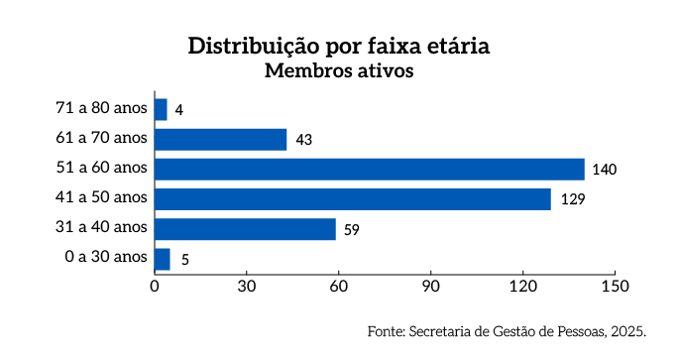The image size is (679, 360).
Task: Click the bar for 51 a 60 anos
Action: coord(369,169)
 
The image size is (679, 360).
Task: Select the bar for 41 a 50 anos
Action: coord(352,198)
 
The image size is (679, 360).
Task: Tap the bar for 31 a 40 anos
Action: coord(245,229)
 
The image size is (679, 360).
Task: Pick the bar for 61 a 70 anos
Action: coord(220,139)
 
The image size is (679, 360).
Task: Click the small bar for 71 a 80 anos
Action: coord(161,109)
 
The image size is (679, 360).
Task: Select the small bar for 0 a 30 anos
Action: coord(162,259)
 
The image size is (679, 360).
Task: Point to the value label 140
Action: coord(605,170)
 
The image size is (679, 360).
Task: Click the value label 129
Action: coord(571,199)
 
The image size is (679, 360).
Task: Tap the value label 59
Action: coord(351,230)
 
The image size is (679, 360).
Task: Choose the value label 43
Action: coord(303,140)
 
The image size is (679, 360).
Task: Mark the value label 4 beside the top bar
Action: coord(178,110)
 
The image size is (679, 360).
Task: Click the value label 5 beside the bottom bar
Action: coord(185,260)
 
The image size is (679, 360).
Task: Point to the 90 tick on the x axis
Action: coord(430,287)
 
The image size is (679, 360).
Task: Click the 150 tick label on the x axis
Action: coord(615,287)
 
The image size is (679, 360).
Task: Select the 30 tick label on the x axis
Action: coord(247,287)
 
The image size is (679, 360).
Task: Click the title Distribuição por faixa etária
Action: coord(339,47)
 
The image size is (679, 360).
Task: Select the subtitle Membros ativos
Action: coord(338,71)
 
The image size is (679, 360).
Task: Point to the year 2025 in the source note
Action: coord(628,330)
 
